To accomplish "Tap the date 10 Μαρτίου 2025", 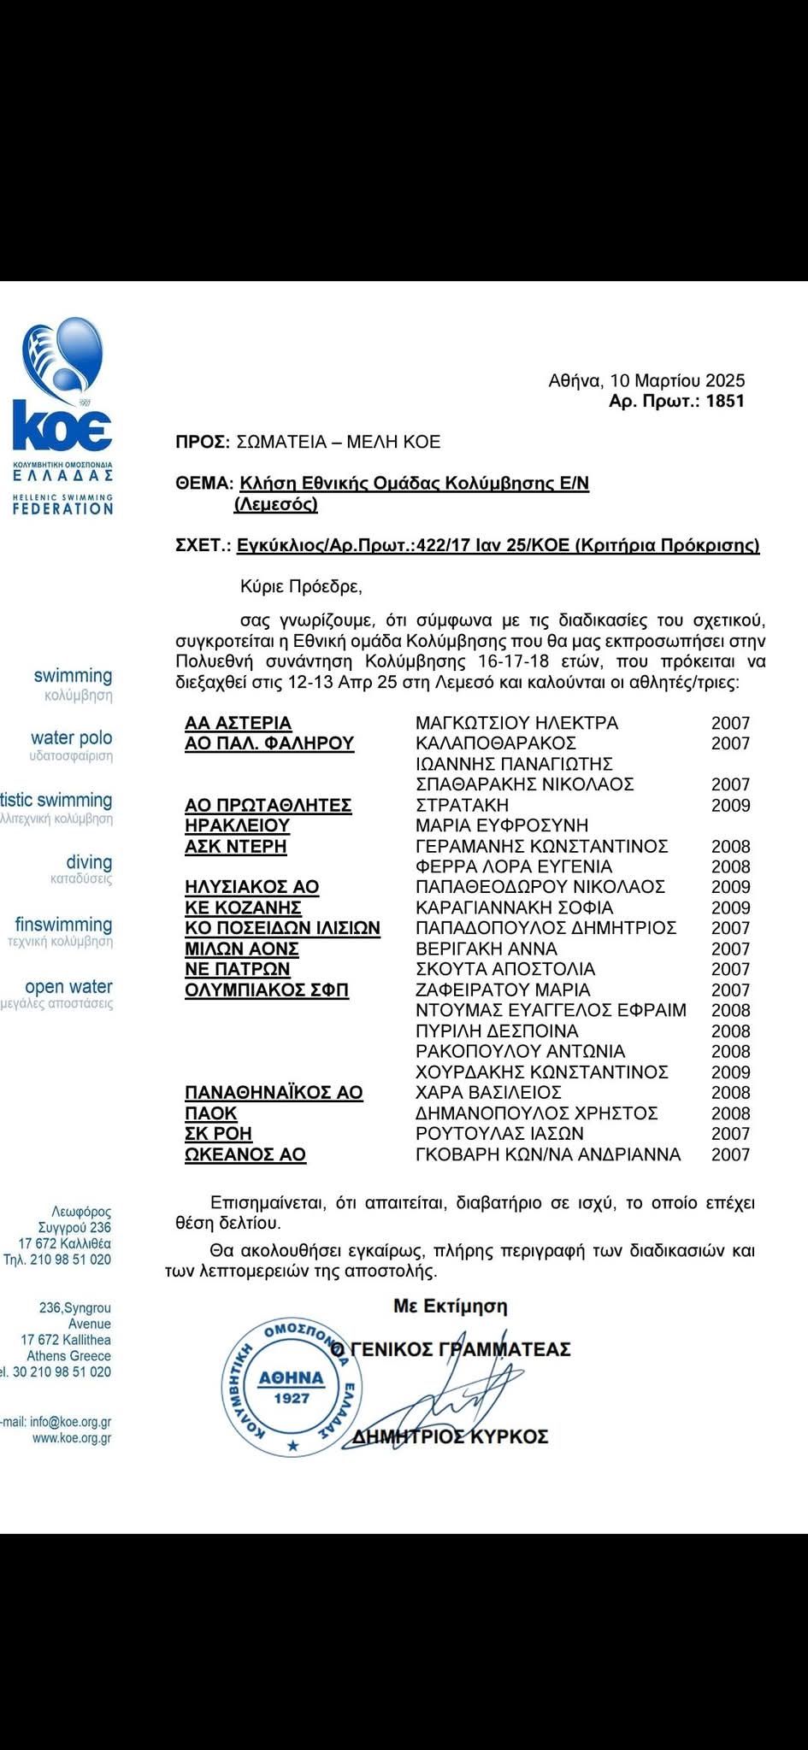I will [676, 380].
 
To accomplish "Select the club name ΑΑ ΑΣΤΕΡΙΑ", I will [238, 723].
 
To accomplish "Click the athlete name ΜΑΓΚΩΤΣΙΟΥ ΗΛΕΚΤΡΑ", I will [516, 723].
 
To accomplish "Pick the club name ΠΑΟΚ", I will [210, 1113].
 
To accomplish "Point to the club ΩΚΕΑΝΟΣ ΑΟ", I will [245, 1154].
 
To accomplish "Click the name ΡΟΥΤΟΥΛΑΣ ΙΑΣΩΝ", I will [499, 1134].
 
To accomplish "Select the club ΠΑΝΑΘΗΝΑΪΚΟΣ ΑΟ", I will [274, 1092].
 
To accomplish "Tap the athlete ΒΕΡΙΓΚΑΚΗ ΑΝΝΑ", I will [486, 948].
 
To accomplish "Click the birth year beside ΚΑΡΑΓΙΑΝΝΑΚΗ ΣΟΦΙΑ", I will [730, 907].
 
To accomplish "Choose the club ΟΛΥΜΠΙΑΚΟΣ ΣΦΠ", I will [267, 990].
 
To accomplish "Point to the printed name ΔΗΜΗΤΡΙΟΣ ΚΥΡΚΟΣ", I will [451, 1436].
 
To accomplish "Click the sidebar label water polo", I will [71, 737].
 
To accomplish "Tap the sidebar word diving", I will [89, 862].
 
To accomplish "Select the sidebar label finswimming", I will [64, 925].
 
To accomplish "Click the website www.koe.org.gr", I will [72, 1438].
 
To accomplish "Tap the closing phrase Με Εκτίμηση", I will [450, 1306].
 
